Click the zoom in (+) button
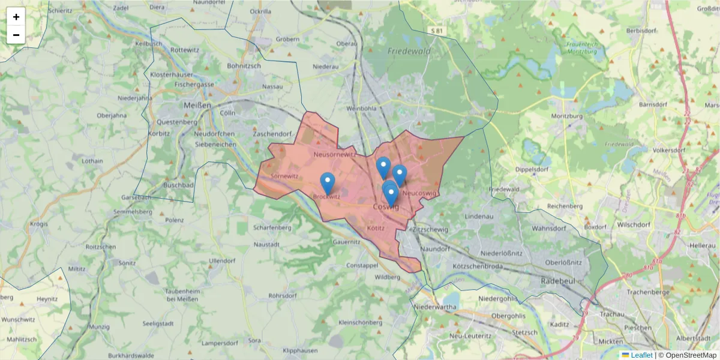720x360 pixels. tap(16, 17)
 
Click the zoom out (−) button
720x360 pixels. tap(16, 35)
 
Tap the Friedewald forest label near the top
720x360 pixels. tap(409, 52)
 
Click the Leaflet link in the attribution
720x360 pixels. tap(641, 355)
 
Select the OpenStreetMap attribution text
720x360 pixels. tap(691, 355)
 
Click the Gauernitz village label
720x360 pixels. tap(348, 242)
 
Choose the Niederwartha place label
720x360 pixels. tap(436, 307)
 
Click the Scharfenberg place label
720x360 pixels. tap(272, 228)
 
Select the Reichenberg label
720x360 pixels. tap(565, 206)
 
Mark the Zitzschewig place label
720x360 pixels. tap(431, 230)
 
